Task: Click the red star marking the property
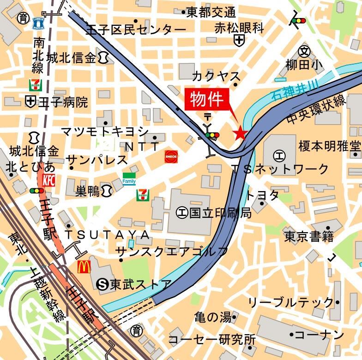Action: pos(239,133)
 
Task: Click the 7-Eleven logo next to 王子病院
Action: pos(34,85)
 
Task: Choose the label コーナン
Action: pos(319,335)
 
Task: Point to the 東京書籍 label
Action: pos(308,237)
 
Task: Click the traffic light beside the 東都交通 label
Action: pos(298,21)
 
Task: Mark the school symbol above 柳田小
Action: pos(304,51)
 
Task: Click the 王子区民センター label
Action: pos(136,30)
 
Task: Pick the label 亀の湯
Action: pos(212,318)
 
